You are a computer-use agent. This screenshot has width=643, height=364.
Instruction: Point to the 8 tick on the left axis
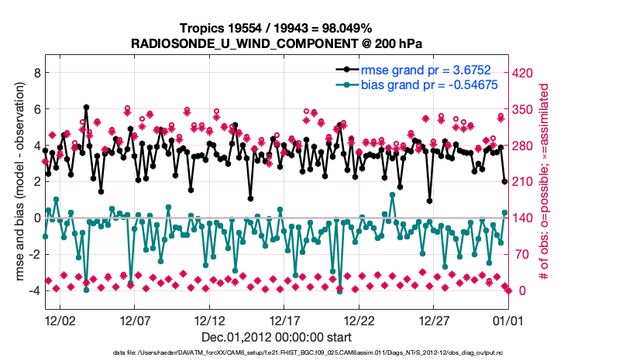36,73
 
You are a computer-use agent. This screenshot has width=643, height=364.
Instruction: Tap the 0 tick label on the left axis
36,218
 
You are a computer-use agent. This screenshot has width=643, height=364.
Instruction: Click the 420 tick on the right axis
521,73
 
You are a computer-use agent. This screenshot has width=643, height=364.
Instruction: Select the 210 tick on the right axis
521,182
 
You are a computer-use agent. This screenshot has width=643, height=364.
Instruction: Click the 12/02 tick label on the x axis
59,320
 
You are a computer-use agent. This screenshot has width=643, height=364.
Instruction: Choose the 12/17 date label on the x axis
284,320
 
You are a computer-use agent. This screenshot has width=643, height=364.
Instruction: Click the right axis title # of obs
545,182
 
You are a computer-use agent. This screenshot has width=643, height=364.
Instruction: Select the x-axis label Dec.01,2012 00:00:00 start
277,336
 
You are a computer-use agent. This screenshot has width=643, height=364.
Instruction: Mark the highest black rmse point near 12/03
86,108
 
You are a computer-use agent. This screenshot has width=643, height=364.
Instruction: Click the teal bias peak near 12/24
392,195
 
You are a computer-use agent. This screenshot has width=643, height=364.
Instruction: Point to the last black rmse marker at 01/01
504,181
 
